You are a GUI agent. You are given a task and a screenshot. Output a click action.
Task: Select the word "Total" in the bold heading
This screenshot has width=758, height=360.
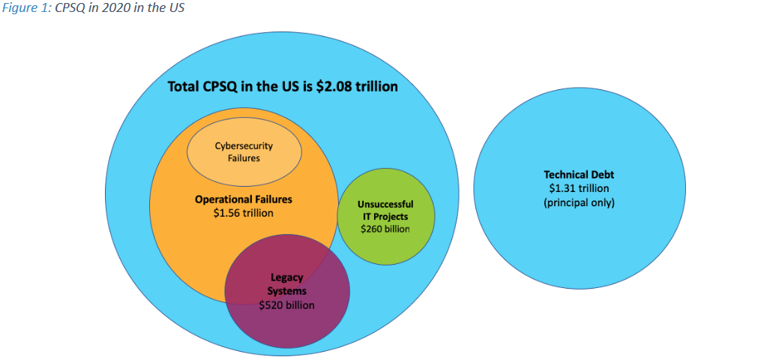click(184, 86)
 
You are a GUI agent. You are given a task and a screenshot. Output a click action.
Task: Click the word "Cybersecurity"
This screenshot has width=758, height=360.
click(244, 146)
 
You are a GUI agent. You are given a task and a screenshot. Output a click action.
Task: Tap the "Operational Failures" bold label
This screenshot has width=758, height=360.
click(244, 199)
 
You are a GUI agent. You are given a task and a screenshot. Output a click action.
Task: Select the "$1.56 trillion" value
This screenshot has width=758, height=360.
click(244, 212)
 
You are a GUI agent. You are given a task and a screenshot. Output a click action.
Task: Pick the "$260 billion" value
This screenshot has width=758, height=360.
click(385, 229)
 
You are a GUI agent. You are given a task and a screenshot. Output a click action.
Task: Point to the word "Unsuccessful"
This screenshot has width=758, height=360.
click(385, 204)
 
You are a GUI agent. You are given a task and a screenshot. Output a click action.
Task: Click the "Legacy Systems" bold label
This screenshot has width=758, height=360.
click(287, 284)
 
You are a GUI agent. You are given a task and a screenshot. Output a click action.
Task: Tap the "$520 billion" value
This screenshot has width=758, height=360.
click(287, 305)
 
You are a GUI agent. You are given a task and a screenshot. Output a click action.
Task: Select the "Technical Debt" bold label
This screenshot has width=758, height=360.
click(578, 175)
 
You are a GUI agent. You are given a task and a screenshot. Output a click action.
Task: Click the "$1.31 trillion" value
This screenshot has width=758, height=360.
click(578, 188)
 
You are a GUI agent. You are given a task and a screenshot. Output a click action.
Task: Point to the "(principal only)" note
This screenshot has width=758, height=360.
click(578, 202)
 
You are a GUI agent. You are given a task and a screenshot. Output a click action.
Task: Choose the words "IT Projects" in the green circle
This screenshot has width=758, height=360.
click(385, 216)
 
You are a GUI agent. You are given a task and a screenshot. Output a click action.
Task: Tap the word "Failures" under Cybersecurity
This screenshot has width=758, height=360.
click(244, 158)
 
